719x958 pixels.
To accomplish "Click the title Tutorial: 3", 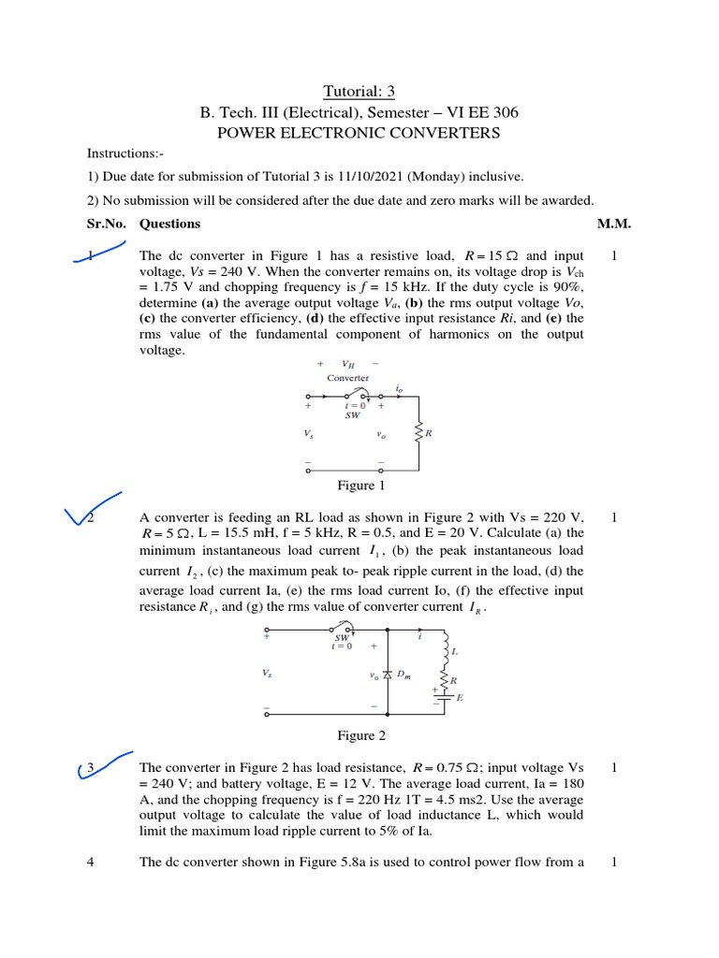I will [x=359, y=91].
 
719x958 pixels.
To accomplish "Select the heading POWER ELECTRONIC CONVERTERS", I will [x=359, y=133].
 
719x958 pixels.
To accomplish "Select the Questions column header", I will [x=169, y=224].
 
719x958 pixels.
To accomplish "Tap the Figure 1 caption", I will [x=360, y=485].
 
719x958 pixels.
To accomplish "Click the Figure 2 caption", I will [x=360, y=735].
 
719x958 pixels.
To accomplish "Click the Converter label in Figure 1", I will [x=347, y=378].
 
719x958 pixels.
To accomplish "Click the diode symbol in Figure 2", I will [x=388, y=675].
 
